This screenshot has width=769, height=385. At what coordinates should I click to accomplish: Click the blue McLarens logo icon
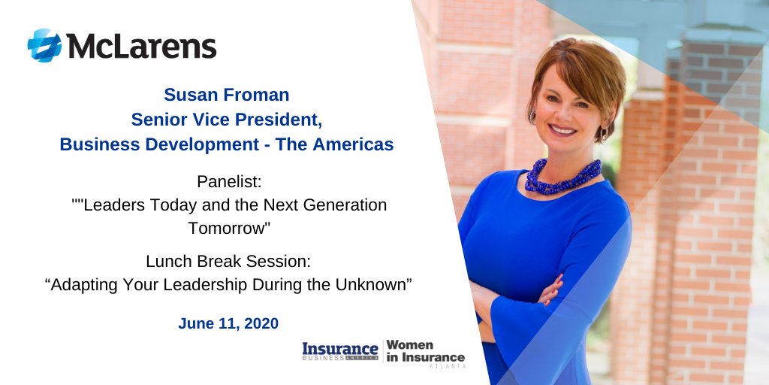[44, 45]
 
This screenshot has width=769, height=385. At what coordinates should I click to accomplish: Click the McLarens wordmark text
[141, 46]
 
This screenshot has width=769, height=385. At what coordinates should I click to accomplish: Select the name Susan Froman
[226, 95]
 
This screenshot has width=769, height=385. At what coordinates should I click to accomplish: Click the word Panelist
[226, 182]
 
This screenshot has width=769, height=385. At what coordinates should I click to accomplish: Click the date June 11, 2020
[228, 323]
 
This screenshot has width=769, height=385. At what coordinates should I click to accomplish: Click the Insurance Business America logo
[340, 351]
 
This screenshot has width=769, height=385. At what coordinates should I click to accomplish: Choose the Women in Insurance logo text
[425, 351]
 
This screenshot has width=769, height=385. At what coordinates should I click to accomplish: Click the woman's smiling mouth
[563, 129]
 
